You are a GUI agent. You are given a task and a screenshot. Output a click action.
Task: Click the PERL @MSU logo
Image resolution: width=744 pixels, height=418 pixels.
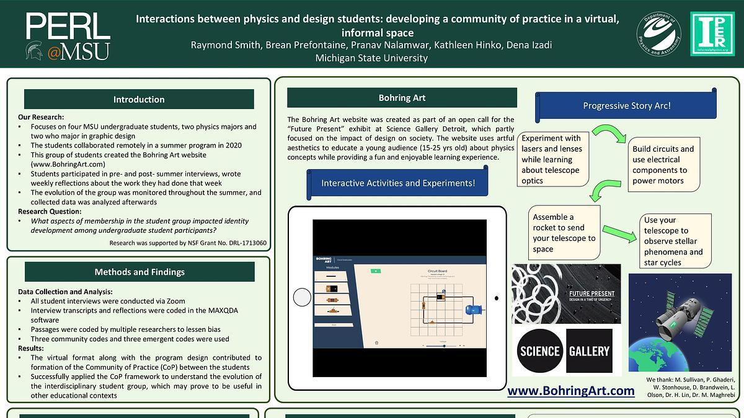pyautogui.click(x=68, y=37)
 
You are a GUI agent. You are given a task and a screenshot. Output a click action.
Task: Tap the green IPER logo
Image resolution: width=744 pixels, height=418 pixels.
pyautogui.click(x=712, y=34)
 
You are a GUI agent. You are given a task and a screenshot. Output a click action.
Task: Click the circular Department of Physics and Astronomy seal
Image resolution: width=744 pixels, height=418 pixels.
pyautogui.click(x=659, y=34)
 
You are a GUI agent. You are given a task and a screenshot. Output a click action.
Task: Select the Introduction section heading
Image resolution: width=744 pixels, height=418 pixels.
pyautogui.click(x=139, y=99)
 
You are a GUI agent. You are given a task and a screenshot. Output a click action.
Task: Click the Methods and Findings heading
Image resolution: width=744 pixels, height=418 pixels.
pyautogui.click(x=139, y=272)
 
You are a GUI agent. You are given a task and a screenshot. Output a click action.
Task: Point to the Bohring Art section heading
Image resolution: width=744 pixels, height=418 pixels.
pyautogui.click(x=402, y=98)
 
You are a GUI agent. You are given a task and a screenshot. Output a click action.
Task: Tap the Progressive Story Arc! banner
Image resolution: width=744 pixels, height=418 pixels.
pyautogui.click(x=626, y=105)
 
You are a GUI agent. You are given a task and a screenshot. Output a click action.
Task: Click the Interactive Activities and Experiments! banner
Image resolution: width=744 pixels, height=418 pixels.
pyautogui.click(x=398, y=183)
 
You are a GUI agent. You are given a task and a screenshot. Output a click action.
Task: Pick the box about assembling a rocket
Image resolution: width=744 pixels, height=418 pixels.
pyautogui.click(x=564, y=233)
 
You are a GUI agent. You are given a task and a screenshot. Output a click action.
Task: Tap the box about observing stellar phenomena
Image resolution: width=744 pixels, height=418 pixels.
pyautogui.click(x=675, y=241)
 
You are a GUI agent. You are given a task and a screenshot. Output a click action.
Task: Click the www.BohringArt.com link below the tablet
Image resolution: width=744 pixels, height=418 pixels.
pyautogui.click(x=570, y=391)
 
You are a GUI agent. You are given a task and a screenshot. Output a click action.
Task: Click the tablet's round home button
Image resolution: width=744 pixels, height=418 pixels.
pyautogui.click(x=302, y=297)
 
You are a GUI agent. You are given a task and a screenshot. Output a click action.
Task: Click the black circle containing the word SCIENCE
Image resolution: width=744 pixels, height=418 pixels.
pyautogui.click(x=539, y=351)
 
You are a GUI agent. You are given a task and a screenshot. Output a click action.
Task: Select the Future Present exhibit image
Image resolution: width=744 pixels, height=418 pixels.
pyautogui.click(x=566, y=294)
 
